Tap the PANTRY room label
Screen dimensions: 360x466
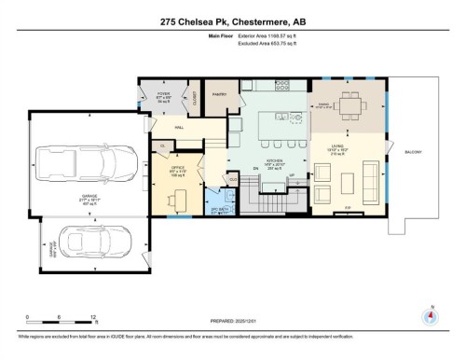[x=220, y=94]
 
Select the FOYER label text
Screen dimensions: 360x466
[x=163, y=96]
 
